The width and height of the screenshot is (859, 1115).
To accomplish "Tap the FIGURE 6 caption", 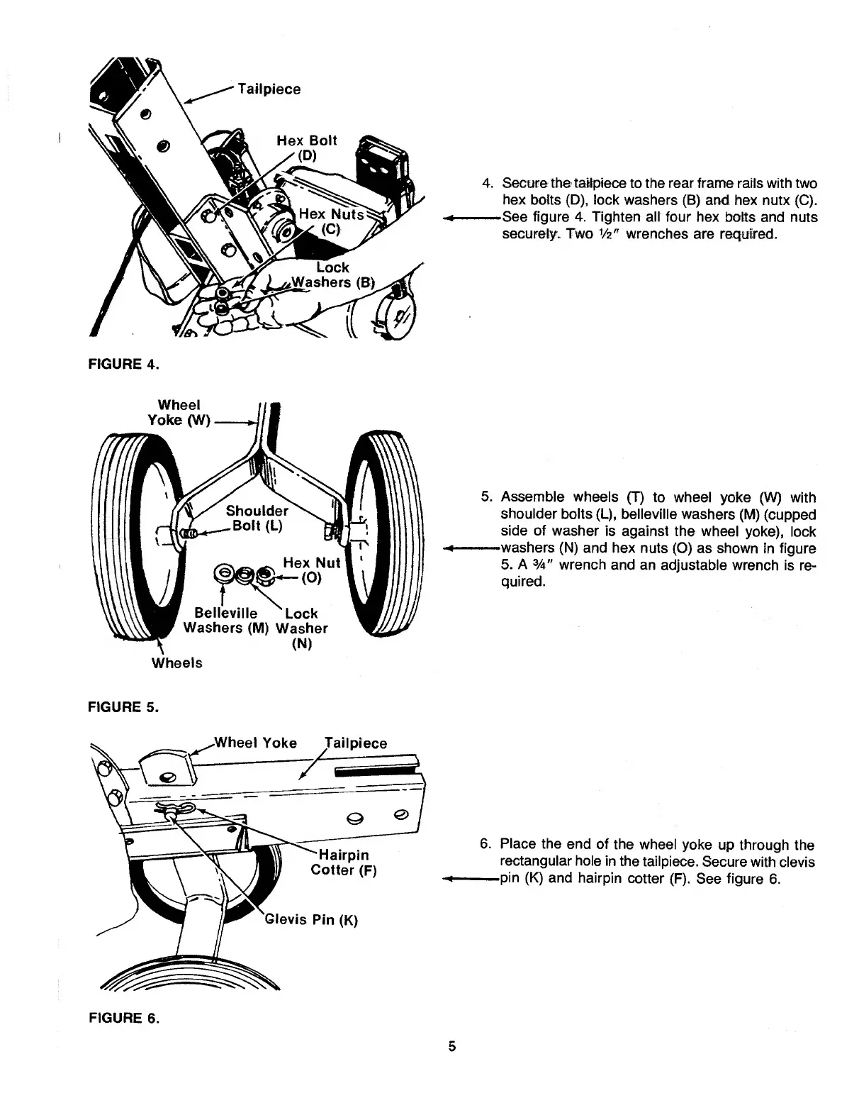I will pos(123,1018).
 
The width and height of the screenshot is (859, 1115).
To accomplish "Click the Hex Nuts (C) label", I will pos(331,221).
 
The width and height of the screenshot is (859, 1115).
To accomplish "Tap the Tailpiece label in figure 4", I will pos(269,89).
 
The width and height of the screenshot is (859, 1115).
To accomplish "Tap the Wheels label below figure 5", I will pos(177,663).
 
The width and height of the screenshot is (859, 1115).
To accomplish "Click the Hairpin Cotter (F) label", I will pos(343,862).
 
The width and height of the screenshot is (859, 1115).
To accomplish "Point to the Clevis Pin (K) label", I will pos(312,920).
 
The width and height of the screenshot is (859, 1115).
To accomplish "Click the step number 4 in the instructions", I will pos(487,183).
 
